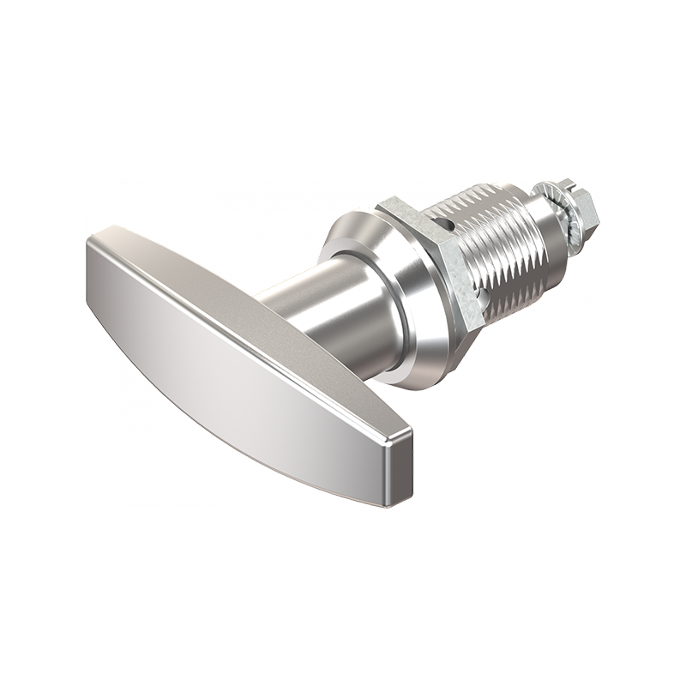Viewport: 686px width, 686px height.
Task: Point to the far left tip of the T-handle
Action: [x=88, y=249]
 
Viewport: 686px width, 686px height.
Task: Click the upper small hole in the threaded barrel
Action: [x=443, y=224]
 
